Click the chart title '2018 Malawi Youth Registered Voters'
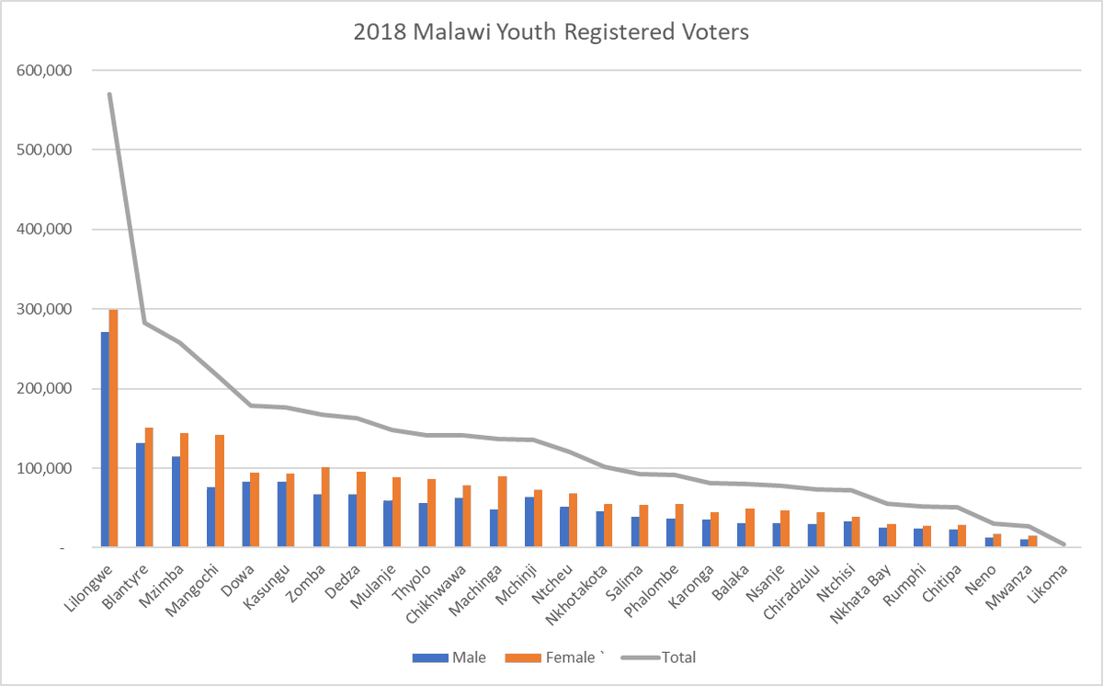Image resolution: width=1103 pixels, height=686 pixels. tap(551, 32)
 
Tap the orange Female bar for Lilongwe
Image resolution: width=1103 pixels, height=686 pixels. tap(114, 429)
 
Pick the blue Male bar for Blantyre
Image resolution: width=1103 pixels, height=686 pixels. tap(140, 496)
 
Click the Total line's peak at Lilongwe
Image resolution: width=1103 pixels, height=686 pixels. tap(109, 94)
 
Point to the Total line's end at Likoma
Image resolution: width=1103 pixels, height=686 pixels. tap(1064, 545)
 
